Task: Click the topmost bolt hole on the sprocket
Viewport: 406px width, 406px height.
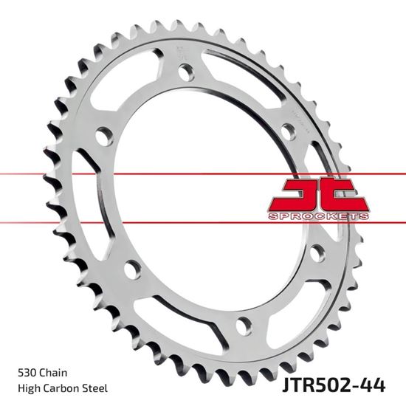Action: [x=186, y=72]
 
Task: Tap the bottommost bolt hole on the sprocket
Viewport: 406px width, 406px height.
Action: [x=243, y=324]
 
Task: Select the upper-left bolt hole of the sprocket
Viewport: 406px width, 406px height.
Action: [x=104, y=137]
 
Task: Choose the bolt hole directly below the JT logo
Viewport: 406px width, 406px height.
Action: [x=318, y=252]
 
